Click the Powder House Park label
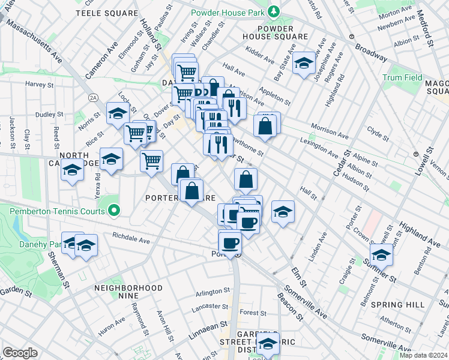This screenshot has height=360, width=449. point(229,13)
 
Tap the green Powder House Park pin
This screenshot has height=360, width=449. point(274,11)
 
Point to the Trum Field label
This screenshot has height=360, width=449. point(403,78)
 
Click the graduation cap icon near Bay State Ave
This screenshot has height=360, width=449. point(304,64)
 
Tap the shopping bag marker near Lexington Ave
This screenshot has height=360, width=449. point(264,127)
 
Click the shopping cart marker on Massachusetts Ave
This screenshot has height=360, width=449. point(152,160)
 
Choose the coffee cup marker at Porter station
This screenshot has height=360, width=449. point(230,243)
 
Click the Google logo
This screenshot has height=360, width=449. point(19,353)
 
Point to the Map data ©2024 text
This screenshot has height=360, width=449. point(423,355)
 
